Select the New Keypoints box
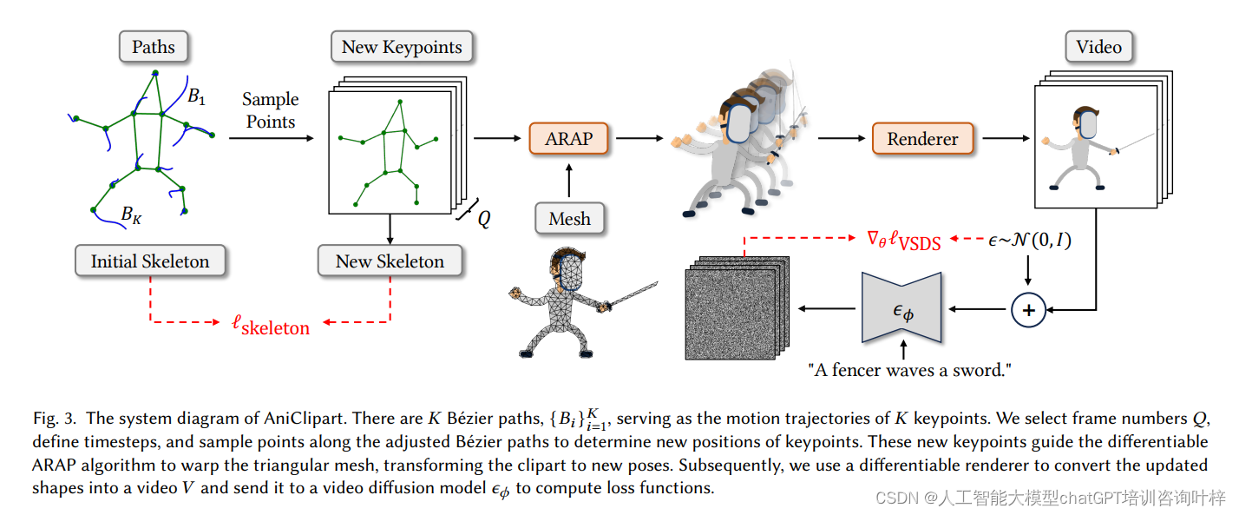pyautogui.click(x=402, y=47)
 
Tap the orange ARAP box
pyautogui.click(x=567, y=138)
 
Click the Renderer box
pyautogui.click(x=922, y=138)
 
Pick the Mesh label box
pyautogui.click(x=569, y=219)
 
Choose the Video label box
pyautogui.click(x=1098, y=47)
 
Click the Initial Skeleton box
pyautogui.click(x=150, y=261)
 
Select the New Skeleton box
pyautogui.click(x=390, y=261)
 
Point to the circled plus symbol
pyautogui.click(x=1028, y=309)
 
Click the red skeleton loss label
pyautogui.click(x=271, y=325)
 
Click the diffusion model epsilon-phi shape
pyautogui.click(x=902, y=308)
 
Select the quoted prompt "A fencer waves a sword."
pyautogui.click(x=909, y=370)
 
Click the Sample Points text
pyautogui.click(x=270, y=110)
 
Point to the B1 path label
pyautogui.click(x=197, y=97)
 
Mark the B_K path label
pyautogui.click(x=131, y=215)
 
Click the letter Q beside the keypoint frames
pyautogui.click(x=483, y=219)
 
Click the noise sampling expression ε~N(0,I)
pyautogui.click(x=1029, y=240)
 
